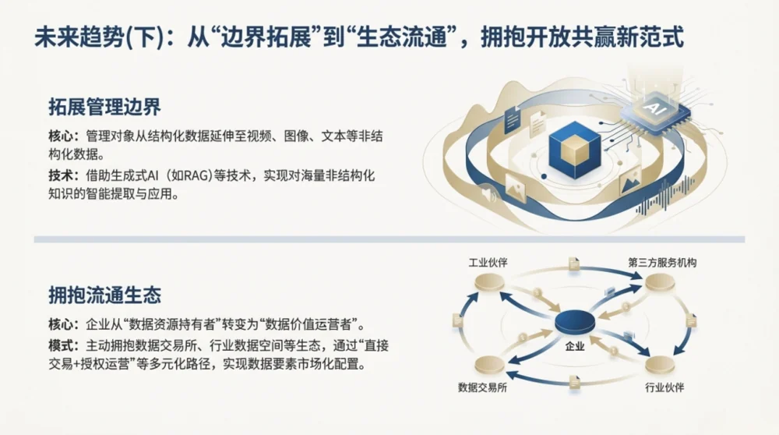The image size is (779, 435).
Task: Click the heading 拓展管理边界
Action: (105, 107)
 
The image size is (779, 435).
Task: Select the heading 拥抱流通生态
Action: (105, 295)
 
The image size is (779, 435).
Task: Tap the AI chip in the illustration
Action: (654, 111)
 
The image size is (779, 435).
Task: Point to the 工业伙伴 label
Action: (488, 263)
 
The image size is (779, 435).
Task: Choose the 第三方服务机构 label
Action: (662, 263)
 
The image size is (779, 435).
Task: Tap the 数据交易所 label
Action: (482, 387)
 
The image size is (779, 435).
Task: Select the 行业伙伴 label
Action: (664, 387)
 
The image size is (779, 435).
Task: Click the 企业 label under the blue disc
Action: (575, 346)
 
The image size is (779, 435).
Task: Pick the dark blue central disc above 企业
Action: (575, 322)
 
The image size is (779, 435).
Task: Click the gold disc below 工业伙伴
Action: (489, 284)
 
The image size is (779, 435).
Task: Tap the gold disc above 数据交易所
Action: (489, 366)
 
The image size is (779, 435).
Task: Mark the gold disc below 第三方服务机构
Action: (660, 284)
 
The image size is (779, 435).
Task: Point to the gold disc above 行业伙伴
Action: (660, 366)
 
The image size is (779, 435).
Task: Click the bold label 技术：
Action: (64, 175)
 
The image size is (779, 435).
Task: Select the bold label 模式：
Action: (64, 345)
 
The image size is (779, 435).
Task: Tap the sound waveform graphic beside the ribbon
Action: (665, 196)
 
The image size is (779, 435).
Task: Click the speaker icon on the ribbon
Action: (489, 194)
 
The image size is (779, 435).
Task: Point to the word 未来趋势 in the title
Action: (79, 37)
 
